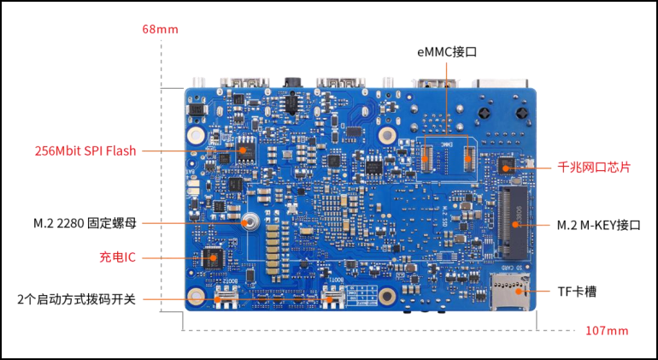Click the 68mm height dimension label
pos(161,29)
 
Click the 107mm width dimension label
pos(606,331)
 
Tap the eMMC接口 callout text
pos(447,52)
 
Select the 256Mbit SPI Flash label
pos(85,150)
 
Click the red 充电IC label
pos(118,257)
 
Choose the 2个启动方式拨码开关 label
pos(76,299)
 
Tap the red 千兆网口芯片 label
pos(594,168)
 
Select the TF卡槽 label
pos(579,292)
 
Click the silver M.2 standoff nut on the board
pos(250,222)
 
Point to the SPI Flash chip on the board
pos(245,150)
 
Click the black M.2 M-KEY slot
pos(513,215)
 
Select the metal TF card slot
pos(507,292)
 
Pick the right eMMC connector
pos(467,156)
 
